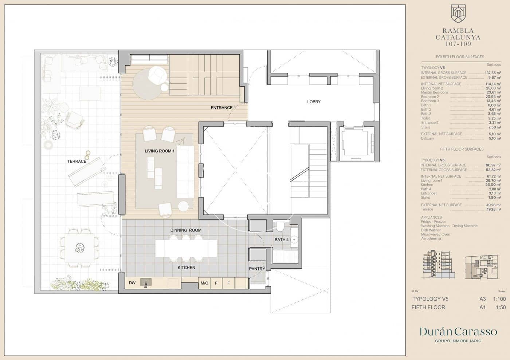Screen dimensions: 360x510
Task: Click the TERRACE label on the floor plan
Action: (76, 161)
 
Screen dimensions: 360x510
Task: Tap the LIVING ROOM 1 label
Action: (160, 151)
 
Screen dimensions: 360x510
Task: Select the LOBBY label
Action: (314, 102)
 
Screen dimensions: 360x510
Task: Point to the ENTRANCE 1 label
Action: (223, 108)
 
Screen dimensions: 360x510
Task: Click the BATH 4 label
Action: (282, 240)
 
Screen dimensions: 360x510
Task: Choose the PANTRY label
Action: (257, 269)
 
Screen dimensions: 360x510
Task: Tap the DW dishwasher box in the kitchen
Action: (132, 283)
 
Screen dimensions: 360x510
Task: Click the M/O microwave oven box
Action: (204, 283)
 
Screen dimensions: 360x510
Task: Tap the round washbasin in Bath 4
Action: (294, 240)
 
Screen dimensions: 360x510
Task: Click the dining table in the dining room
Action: (186, 248)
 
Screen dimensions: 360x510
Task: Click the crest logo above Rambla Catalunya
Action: (458, 13)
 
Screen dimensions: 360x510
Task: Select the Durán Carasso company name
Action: (458, 331)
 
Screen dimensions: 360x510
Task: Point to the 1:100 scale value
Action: (499, 299)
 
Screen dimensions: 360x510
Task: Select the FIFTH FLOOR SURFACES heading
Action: (462, 149)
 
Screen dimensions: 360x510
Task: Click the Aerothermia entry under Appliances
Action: (431, 238)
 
